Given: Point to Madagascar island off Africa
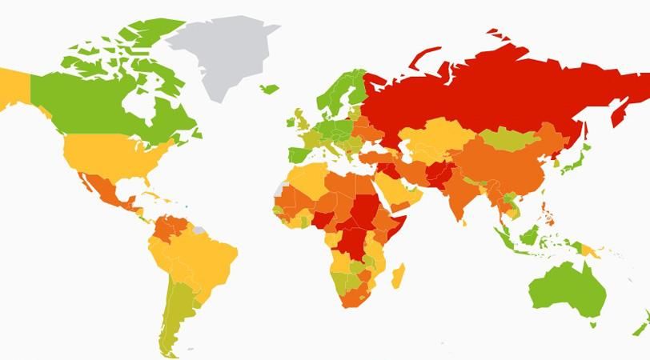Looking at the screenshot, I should pos(395,275).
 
